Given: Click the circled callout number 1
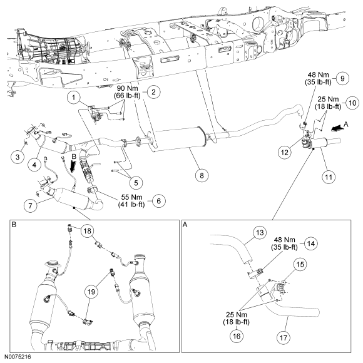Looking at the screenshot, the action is [74, 98].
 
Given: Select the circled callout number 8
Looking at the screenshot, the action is [202, 175].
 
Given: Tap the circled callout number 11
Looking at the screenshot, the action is [329, 177].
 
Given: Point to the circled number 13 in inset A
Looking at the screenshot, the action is [260, 232].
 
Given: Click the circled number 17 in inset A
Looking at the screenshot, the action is [284, 338].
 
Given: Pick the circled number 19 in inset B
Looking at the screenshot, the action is [91, 292].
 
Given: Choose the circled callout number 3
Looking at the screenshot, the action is [18, 157].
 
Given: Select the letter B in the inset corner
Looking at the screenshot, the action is [14, 225].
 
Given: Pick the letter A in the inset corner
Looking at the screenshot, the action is [185, 225].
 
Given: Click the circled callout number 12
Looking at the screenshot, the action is [285, 153].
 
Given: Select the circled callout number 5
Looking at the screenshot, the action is [136, 183].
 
